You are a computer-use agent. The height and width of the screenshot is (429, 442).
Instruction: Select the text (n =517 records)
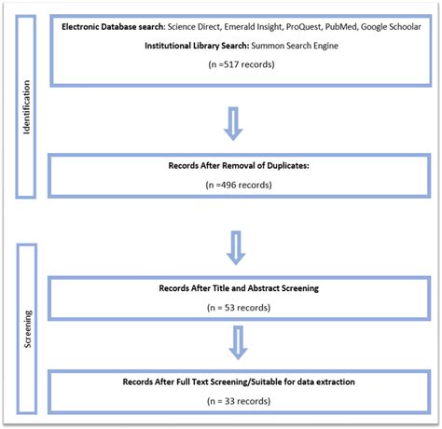pos(242,66)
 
